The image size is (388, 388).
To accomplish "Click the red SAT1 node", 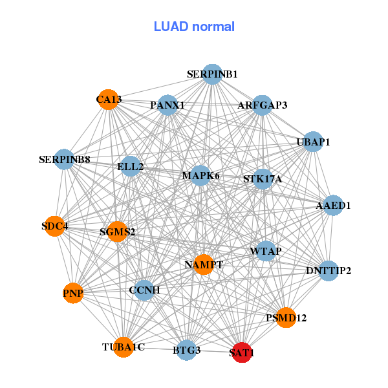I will click(242, 352).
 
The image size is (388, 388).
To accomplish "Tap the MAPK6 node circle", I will click(201, 175).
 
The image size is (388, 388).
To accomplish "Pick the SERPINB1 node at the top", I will click(212, 74).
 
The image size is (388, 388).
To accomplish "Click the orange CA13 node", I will click(109, 100).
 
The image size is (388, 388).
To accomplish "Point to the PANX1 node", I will click(167, 105).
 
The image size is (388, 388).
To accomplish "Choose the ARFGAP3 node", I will click(262, 105).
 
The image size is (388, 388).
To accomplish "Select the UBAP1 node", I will click(313, 142).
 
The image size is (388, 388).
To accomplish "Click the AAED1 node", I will click(333, 206).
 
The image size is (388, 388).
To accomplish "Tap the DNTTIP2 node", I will click(329, 270).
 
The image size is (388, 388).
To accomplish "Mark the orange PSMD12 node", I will click(286, 318).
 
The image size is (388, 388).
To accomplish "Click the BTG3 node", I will click(187, 350).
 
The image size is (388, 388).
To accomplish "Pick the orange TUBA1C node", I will click(123, 347).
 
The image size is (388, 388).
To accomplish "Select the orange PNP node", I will click(74, 294).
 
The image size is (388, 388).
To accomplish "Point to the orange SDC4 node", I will click(55, 226).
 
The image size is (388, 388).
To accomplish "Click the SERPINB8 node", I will click(64, 159).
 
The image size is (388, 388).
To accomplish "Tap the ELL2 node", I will click(131, 166).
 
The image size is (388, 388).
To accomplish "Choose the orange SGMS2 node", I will click(117, 231).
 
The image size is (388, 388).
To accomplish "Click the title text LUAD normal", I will click(194, 27).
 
